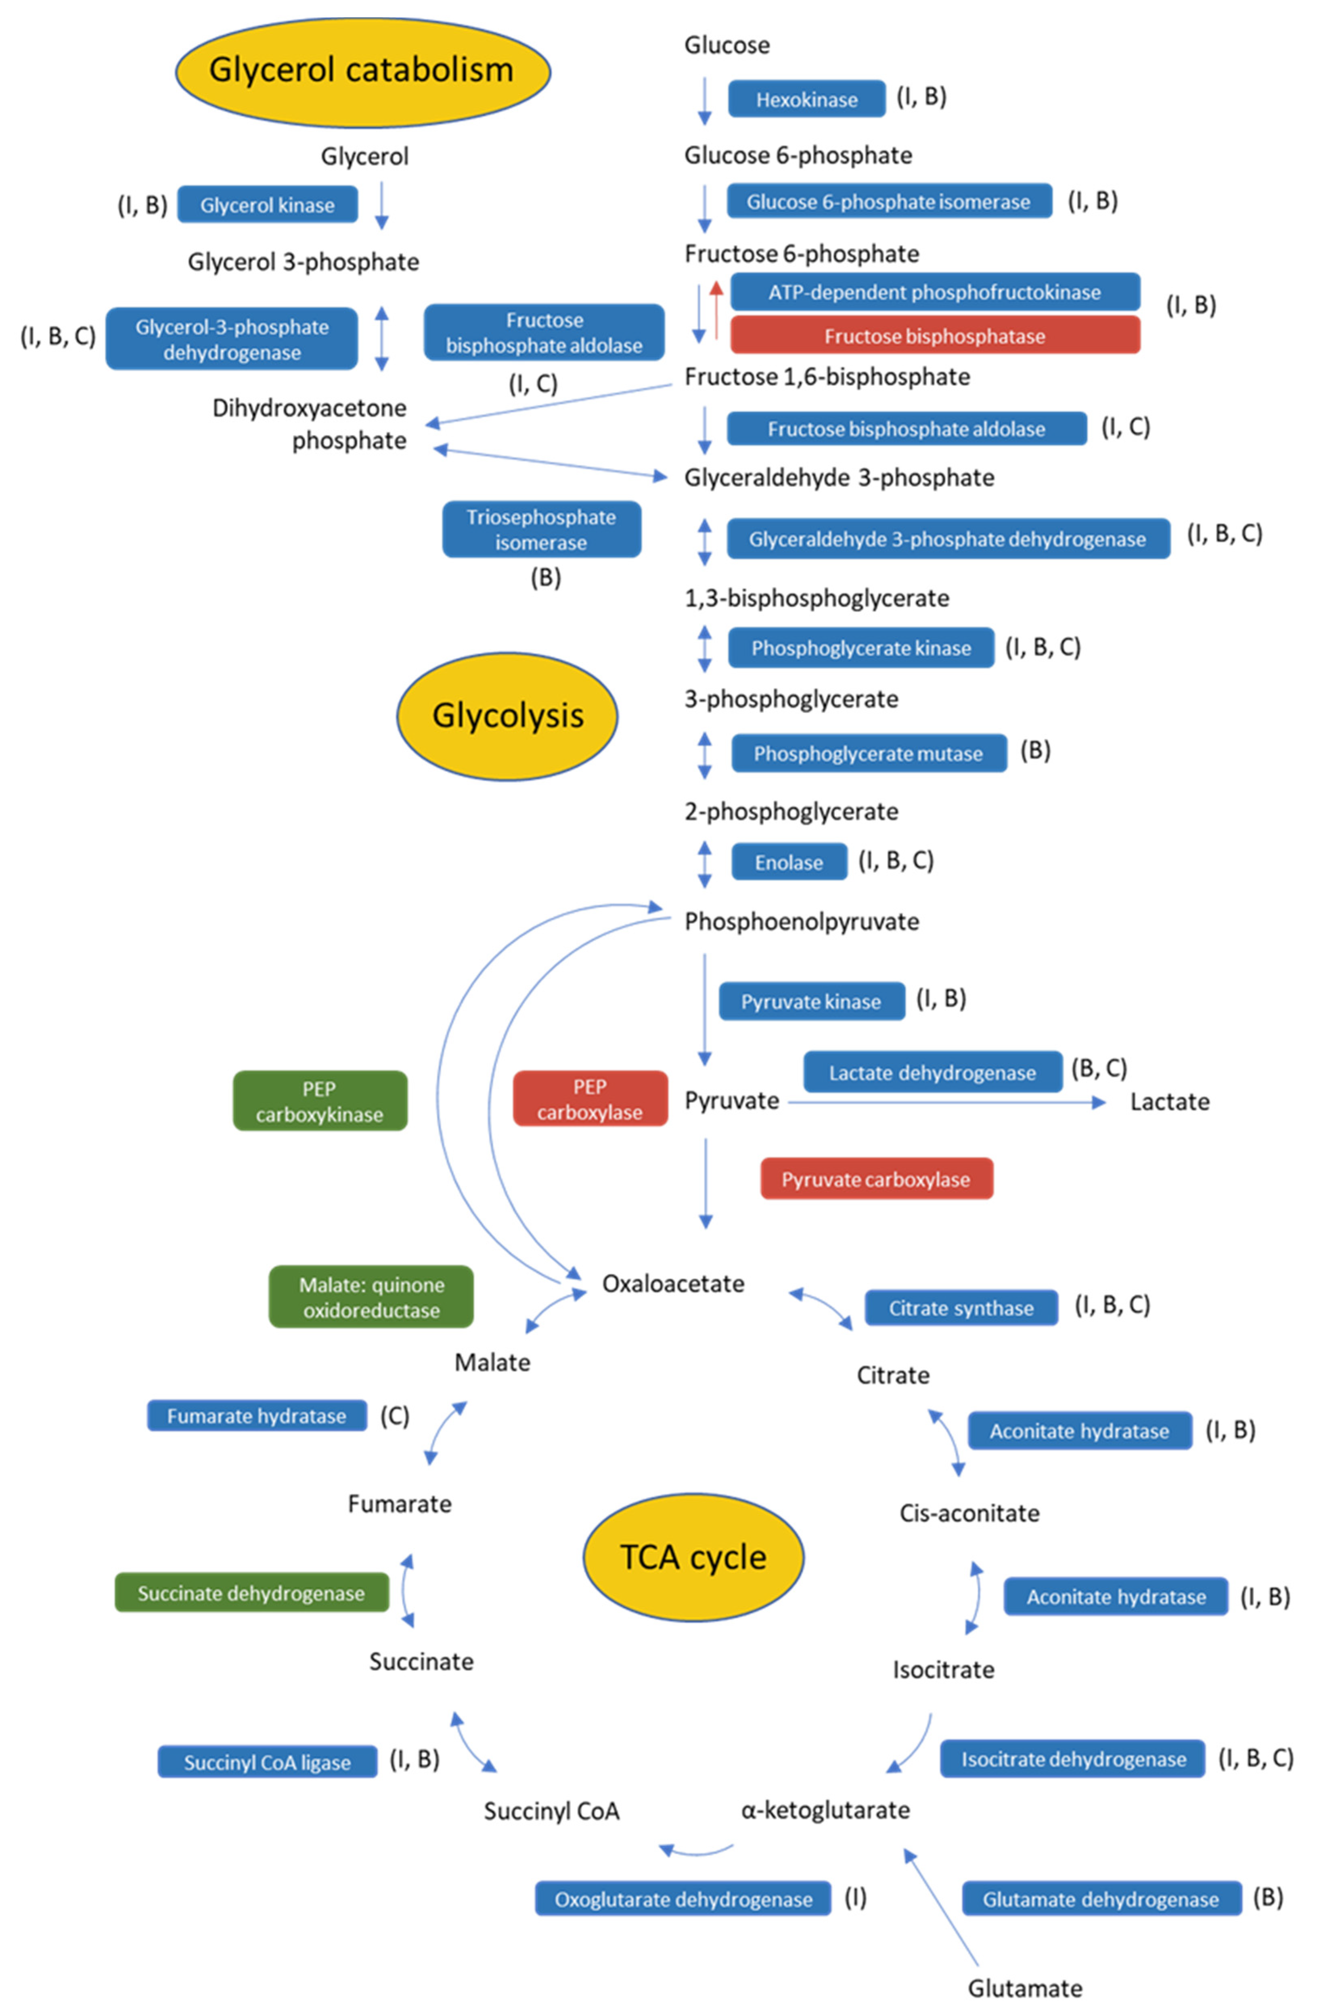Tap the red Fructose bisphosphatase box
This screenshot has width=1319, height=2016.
pos(934,335)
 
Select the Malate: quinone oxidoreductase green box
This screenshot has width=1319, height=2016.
pos(371,1297)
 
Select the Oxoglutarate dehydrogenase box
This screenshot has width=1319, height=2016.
pos(683,1899)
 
